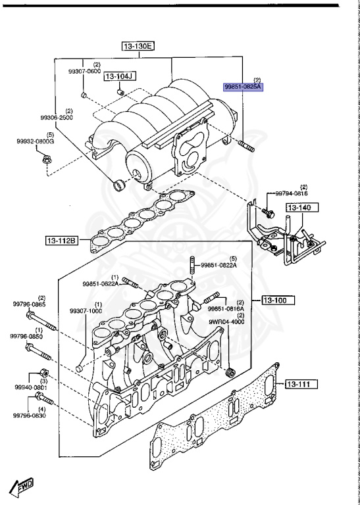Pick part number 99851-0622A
coord(101,283)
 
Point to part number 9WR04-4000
coord(227,322)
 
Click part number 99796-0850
coord(26,336)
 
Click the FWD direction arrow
coord(21,487)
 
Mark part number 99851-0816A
coord(226,308)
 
